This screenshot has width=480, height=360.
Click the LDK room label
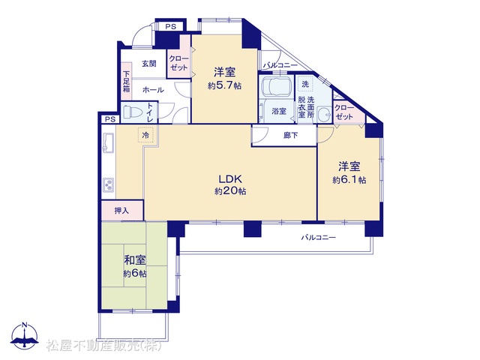[x=230, y=178]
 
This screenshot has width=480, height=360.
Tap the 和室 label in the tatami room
[x=135, y=260]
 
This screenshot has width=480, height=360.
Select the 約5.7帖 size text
[x=224, y=85]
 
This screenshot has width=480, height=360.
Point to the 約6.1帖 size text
[x=349, y=180]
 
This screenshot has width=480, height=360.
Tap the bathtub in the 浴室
[x=277, y=86]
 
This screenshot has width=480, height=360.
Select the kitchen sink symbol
[x=108, y=143]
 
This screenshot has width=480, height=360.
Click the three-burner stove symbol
[x=109, y=185]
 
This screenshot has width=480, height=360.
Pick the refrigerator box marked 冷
[x=146, y=135]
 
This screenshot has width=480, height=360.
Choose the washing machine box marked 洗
[x=305, y=83]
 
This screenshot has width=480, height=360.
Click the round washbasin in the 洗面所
[x=324, y=114]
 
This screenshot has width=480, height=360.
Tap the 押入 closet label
[x=121, y=210]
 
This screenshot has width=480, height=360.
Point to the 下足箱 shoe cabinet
[x=127, y=81]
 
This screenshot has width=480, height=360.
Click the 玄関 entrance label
[x=149, y=63]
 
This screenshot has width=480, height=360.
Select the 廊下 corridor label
[x=290, y=135]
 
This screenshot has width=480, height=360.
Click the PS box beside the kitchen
[x=110, y=119]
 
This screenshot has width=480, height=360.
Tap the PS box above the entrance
[x=171, y=26]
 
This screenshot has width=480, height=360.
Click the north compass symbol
[x=25, y=335]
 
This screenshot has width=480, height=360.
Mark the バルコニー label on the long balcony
[x=318, y=237]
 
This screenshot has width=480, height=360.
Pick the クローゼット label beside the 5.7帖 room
[x=178, y=63]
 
